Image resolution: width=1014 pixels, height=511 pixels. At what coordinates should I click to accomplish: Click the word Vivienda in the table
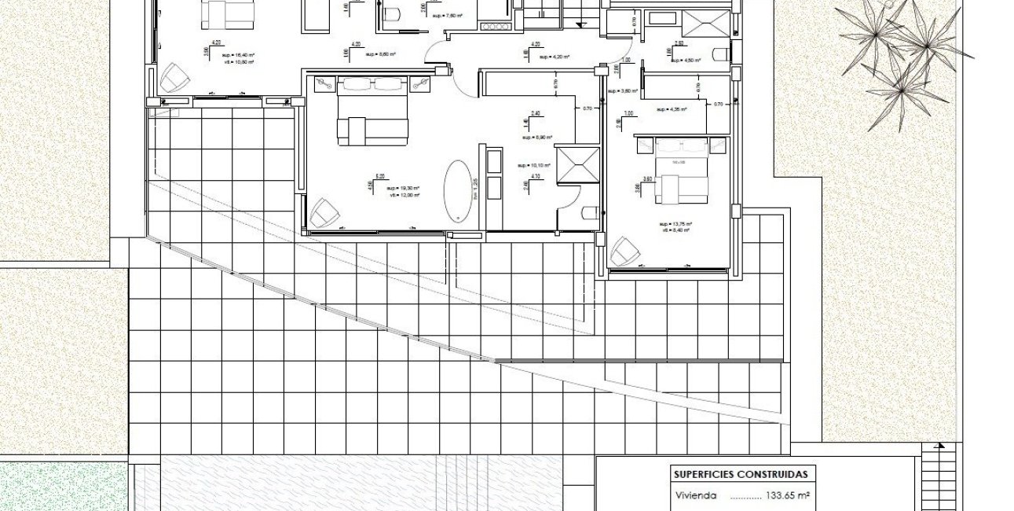[695, 496]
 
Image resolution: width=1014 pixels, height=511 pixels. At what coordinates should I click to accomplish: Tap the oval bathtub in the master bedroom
[457, 190]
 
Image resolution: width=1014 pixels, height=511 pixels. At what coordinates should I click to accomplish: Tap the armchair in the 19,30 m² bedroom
[323, 212]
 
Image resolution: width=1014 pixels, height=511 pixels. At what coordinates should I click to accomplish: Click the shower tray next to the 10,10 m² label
[577, 164]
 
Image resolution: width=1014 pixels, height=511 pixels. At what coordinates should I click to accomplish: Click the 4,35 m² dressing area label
[672, 109]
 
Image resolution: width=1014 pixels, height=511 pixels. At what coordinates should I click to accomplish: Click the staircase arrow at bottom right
[939, 447]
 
